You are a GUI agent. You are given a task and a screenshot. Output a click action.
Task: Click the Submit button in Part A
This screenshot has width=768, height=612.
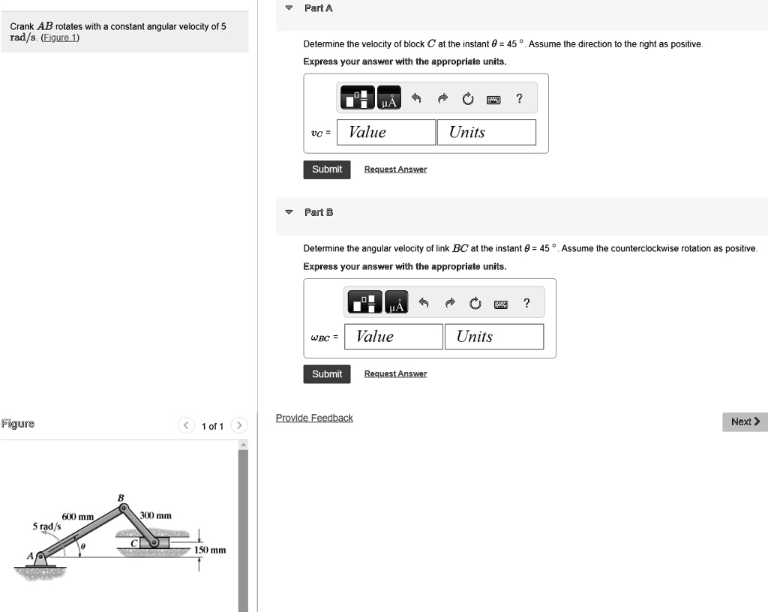326,169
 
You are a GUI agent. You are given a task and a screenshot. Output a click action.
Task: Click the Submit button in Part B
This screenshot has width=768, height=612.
326,374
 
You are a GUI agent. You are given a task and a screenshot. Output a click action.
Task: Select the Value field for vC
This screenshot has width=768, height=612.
385,133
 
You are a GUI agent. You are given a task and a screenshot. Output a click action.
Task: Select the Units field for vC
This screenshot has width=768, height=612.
486,133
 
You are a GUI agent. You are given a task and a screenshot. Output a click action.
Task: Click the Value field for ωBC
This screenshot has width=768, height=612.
393,337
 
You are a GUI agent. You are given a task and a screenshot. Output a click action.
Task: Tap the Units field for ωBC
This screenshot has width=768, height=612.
493,337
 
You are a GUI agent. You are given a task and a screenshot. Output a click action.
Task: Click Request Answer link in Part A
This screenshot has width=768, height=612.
395,169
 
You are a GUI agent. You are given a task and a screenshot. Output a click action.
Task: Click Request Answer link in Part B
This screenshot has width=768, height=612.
395,374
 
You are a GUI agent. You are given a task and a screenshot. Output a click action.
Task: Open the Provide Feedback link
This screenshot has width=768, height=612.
314,418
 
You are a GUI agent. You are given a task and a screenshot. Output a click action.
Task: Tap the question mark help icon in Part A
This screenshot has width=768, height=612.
519,99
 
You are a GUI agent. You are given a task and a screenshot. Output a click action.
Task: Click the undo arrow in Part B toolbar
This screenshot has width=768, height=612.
424,303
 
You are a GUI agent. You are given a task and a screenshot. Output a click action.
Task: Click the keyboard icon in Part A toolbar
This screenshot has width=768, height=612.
493,99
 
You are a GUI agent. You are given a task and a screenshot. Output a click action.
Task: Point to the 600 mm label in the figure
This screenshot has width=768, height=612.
78,517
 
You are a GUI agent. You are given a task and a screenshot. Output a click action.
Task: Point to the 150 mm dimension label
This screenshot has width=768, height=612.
210,550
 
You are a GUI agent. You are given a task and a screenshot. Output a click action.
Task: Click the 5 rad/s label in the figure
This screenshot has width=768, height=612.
46,526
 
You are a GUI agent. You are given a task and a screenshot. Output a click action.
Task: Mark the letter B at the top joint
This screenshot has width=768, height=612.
120,497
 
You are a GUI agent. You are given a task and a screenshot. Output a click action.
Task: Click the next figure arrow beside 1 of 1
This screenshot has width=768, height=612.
238,426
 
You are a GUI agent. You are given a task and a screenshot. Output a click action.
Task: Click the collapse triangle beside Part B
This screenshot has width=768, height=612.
289,213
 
